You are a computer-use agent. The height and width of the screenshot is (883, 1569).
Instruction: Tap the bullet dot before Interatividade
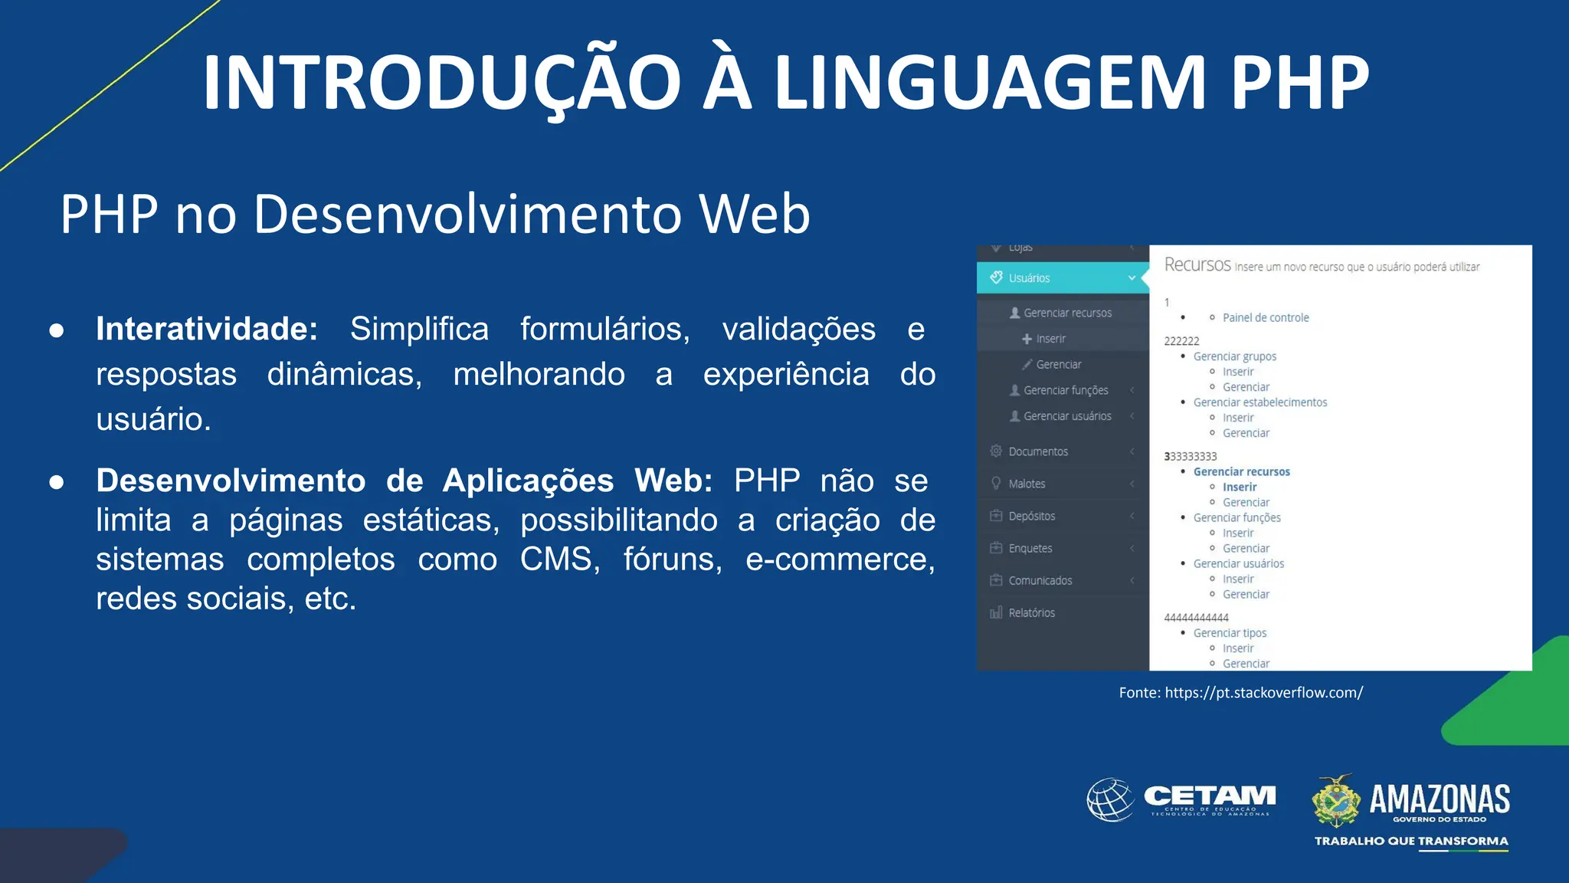click(56, 331)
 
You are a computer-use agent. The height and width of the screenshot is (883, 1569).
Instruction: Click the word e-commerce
click(840, 560)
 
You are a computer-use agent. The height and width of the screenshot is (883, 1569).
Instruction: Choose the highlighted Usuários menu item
click(1029, 278)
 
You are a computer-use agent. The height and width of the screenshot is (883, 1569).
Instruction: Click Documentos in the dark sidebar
click(1038, 451)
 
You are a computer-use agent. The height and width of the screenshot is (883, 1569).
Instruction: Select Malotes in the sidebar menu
click(1027, 484)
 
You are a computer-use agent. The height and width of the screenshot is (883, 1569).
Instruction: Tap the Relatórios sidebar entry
click(1031, 612)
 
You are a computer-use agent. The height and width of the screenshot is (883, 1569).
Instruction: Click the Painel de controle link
click(1266, 317)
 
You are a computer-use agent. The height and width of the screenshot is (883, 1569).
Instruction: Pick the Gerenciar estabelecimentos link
click(1260, 402)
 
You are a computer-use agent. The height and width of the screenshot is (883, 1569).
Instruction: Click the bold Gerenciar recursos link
click(1241, 471)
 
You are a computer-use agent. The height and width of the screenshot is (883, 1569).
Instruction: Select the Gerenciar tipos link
click(1230, 633)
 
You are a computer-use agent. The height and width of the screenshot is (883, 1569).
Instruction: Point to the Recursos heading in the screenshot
click(1197, 265)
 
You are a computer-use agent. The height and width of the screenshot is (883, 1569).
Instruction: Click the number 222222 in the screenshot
click(1181, 341)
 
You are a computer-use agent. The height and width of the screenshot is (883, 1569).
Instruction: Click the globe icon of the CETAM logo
click(1111, 800)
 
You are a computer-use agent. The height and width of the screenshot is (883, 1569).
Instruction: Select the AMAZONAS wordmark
click(1440, 799)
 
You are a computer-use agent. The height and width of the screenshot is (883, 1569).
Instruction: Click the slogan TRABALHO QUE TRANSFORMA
click(1411, 841)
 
